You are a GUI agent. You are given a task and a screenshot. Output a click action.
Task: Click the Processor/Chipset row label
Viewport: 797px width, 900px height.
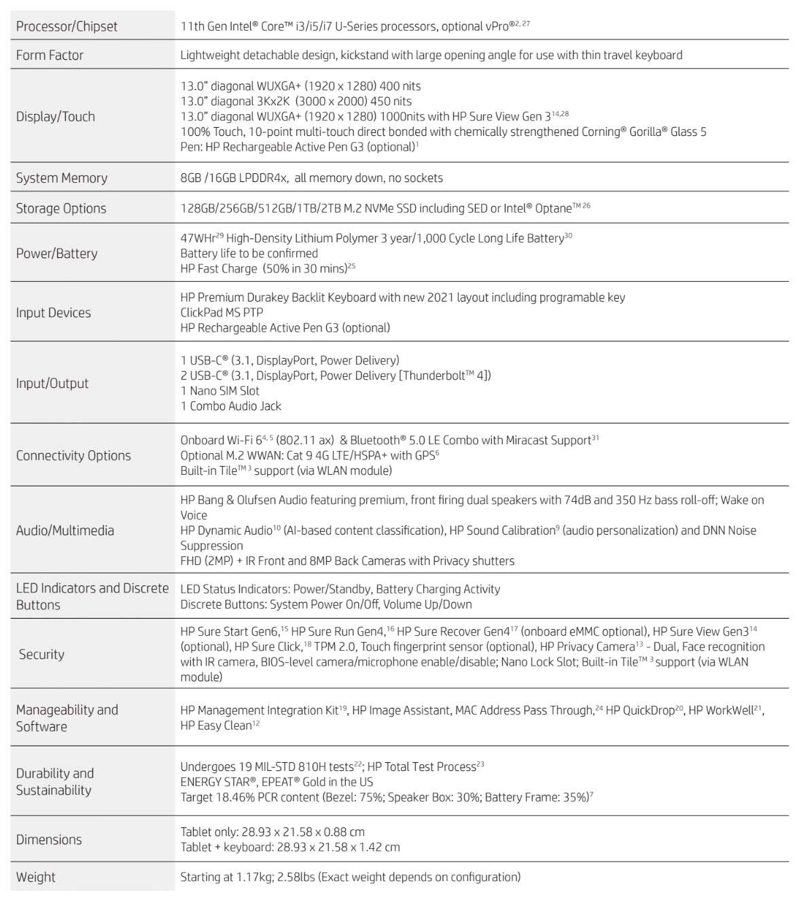click(x=67, y=26)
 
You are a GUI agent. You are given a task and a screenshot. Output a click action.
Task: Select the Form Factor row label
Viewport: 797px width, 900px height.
click(x=50, y=55)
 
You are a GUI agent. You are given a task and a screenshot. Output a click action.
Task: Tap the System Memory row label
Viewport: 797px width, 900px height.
click(x=62, y=178)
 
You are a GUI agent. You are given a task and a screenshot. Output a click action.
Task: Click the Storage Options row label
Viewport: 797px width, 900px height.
click(x=61, y=209)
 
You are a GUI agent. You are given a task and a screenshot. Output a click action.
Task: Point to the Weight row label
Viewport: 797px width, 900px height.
click(x=36, y=877)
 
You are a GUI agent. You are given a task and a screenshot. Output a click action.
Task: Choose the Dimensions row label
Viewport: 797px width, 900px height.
click(x=49, y=840)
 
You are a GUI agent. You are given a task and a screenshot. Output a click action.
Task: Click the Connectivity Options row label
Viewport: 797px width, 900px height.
click(x=73, y=455)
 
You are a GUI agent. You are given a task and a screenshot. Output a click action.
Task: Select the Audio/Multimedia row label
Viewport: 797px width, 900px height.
click(x=65, y=530)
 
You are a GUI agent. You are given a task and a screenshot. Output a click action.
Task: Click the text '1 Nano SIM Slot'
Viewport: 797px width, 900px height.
click(x=220, y=391)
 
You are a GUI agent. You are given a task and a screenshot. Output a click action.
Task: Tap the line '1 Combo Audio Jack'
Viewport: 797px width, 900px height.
click(x=231, y=406)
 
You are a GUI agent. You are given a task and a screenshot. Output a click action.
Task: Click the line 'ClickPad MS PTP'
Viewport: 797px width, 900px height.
click(x=222, y=312)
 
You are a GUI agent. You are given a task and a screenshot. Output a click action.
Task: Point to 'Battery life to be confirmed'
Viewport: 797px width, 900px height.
click(x=249, y=253)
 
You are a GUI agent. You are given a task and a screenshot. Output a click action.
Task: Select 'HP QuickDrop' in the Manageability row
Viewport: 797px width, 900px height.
click(x=640, y=710)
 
